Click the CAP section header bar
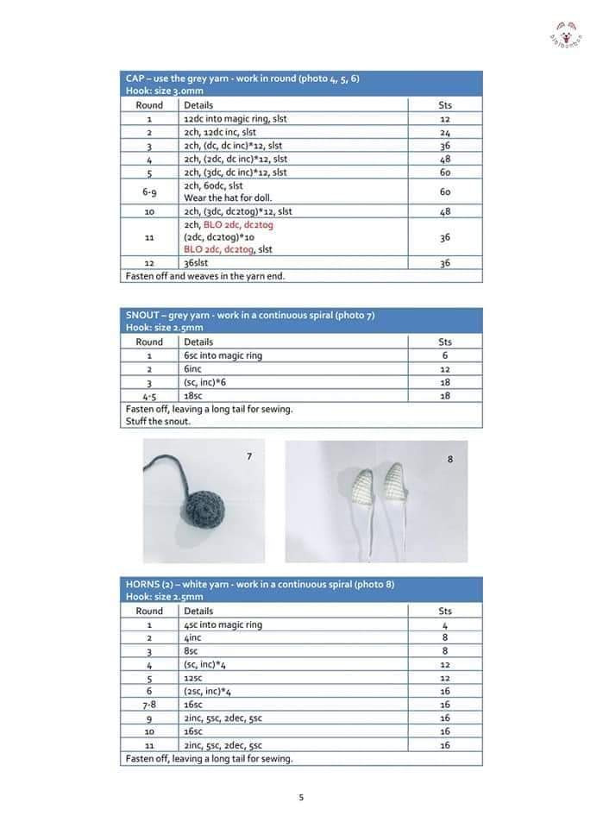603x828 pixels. coord(302,84)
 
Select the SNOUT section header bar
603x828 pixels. coord(302,321)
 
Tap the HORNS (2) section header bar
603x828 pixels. coord(302,590)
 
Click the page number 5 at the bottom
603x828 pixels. coord(301,797)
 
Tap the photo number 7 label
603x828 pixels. coord(249,455)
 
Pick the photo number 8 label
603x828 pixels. coord(449,460)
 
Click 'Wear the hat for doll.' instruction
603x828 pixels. coord(228,198)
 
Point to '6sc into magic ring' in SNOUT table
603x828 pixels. coord(223,355)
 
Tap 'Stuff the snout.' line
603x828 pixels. coord(158,422)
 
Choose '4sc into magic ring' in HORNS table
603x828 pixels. coord(223,624)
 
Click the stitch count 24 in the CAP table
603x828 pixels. coord(445,133)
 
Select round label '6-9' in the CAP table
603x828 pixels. coord(149,191)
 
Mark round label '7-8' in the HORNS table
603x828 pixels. coord(149,705)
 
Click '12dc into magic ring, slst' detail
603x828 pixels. coord(235,119)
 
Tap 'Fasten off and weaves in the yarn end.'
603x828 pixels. coord(205,276)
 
